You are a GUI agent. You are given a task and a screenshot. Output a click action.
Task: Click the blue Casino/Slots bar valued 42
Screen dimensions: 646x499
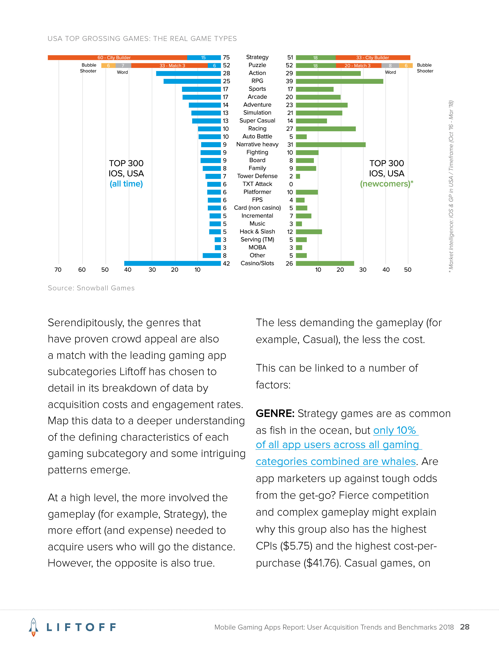pyautogui.click(x=172, y=263)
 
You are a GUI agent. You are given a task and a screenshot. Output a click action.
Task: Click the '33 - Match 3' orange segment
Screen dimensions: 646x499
pyautogui.click(x=170, y=66)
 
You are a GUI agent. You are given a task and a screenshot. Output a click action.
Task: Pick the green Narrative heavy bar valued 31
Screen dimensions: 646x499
pyautogui.click(x=331, y=145)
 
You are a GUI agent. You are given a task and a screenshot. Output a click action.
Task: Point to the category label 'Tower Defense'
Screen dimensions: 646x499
pyautogui.click(x=257, y=176)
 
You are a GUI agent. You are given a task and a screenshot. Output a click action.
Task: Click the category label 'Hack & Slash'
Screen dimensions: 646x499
pyautogui.click(x=257, y=232)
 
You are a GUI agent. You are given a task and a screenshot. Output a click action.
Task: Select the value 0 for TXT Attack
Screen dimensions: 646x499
pyautogui.click(x=291, y=184)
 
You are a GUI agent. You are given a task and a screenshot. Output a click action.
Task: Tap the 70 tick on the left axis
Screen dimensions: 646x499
pyautogui.click(x=58, y=270)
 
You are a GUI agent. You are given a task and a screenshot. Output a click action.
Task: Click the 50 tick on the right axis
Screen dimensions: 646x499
pyautogui.click(x=408, y=270)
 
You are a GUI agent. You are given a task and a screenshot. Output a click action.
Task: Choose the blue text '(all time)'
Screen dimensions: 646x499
pyautogui.click(x=126, y=184)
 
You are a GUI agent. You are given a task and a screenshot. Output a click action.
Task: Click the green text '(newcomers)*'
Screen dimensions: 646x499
pyautogui.click(x=386, y=184)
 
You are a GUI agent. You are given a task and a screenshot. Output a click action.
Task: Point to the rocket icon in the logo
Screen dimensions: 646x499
pyautogui.click(x=33, y=627)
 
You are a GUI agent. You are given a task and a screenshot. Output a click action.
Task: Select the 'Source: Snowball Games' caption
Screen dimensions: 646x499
pyautogui.click(x=91, y=288)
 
